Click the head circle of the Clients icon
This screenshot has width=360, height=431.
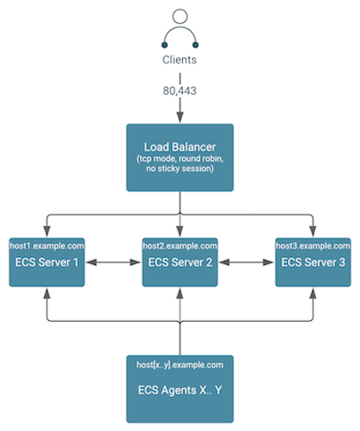180,16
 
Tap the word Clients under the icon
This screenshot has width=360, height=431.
180,59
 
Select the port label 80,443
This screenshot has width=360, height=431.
180,91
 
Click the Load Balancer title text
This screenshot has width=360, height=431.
180,146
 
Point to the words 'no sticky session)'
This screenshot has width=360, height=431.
180,169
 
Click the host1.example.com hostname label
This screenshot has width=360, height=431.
47,246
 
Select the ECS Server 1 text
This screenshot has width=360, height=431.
47,262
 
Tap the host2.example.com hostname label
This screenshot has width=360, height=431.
180,246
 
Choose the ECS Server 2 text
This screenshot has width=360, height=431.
180,262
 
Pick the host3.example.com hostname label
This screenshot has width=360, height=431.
313,246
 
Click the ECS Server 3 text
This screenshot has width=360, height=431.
313,262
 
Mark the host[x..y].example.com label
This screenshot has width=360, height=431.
180,365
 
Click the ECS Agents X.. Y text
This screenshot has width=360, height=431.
180,390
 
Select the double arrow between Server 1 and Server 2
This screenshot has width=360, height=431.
114,262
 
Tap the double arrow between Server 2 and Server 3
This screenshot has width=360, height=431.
246,262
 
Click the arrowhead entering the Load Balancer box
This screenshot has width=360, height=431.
180,117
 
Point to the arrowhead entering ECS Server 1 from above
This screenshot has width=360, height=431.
47,231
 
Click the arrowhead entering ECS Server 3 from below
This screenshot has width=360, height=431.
313,294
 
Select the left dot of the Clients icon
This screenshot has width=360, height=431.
164,45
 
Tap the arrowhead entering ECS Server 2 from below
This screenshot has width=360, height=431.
180,294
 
